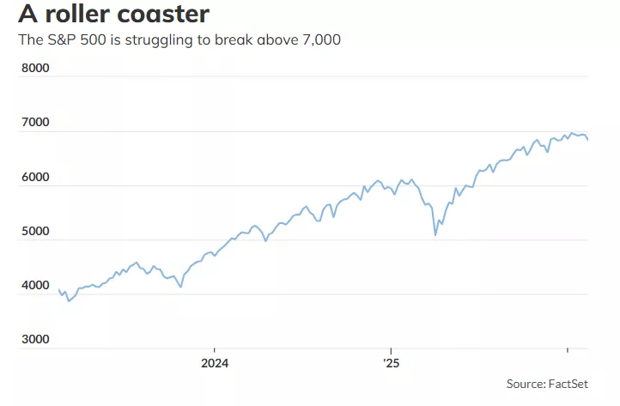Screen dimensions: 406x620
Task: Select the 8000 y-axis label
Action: tap(35, 67)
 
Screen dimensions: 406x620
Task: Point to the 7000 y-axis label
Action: tap(35, 122)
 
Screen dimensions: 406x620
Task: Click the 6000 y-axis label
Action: tap(35, 176)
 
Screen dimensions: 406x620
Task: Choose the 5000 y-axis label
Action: tap(35, 231)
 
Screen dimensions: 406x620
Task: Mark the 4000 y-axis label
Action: tap(35, 285)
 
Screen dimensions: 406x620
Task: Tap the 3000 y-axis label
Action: tap(35, 340)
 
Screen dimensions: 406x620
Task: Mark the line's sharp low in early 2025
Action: tap(435, 234)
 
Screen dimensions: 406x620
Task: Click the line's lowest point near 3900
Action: tap(69, 301)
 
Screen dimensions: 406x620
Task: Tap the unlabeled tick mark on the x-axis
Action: tap(567, 351)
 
